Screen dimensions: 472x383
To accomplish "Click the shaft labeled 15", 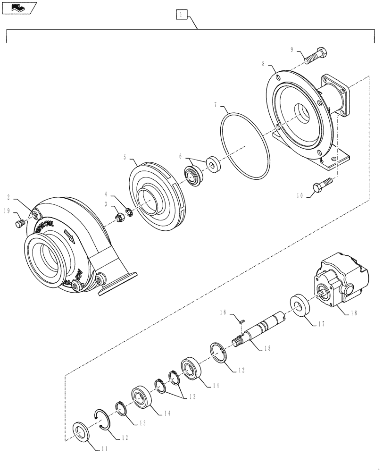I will [x=261, y=329].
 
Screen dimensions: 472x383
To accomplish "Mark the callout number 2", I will [x=9, y=196].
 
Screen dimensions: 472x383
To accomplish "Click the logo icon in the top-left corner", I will [x=19, y=8].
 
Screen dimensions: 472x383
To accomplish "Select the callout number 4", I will [x=106, y=194].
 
